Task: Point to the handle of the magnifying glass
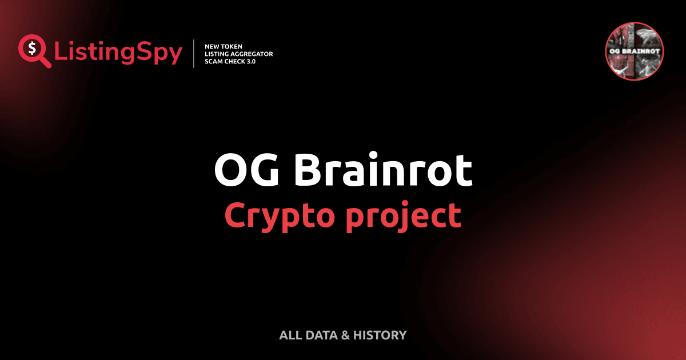(45, 62)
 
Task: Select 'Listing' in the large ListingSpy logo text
(91, 53)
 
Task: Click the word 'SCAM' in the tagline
(214, 62)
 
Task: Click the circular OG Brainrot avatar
(634, 52)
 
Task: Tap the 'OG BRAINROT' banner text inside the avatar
(634, 52)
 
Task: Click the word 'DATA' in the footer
(322, 335)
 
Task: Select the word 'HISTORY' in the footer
(380, 335)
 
